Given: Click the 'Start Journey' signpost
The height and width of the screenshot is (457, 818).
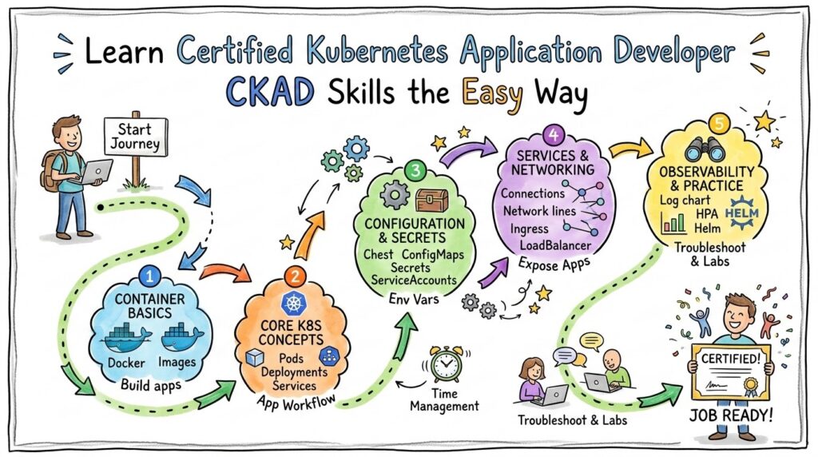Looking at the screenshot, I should tap(136, 137).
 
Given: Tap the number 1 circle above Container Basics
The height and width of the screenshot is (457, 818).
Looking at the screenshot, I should tap(149, 276).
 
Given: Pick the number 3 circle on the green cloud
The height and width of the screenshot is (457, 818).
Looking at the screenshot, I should tap(414, 170).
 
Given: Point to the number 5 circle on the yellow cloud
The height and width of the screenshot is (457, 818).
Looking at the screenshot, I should tap(719, 124).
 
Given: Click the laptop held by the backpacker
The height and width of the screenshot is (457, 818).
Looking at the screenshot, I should tap(95, 170).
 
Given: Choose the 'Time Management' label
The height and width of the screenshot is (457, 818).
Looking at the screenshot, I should tap(444, 399).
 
